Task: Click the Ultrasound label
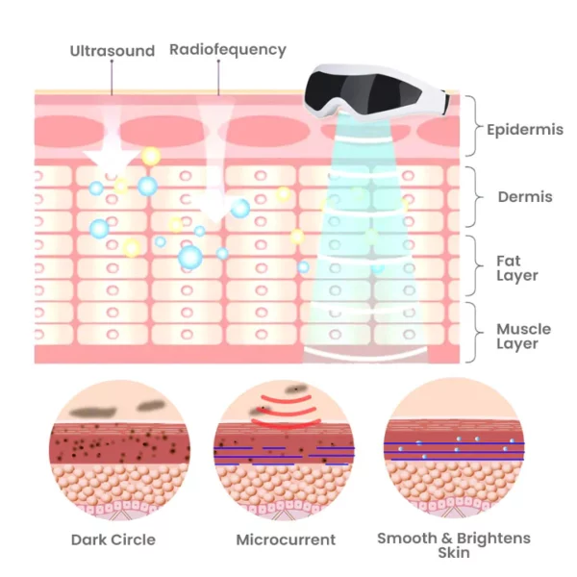pyautogui.click(x=113, y=51)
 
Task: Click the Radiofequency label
pyautogui.click(x=227, y=50)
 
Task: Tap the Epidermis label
pyautogui.click(x=525, y=130)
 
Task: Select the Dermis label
pyautogui.click(x=525, y=197)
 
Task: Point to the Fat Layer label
pyautogui.click(x=517, y=268)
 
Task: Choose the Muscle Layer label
pyautogui.click(x=524, y=337)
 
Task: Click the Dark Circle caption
pyautogui.click(x=113, y=539)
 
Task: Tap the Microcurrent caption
pyautogui.click(x=286, y=539)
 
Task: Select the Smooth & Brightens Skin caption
pyautogui.click(x=454, y=545)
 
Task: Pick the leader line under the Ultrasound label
pyautogui.click(x=112, y=77)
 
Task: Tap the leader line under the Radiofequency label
pyautogui.click(x=218, y=77)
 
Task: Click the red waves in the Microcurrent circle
pyautogui.click(x=285, y=412)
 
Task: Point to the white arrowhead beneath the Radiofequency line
pyautogui.click(x=215, y=208)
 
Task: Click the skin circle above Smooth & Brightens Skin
pyautogui.click(x=454, y=448)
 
